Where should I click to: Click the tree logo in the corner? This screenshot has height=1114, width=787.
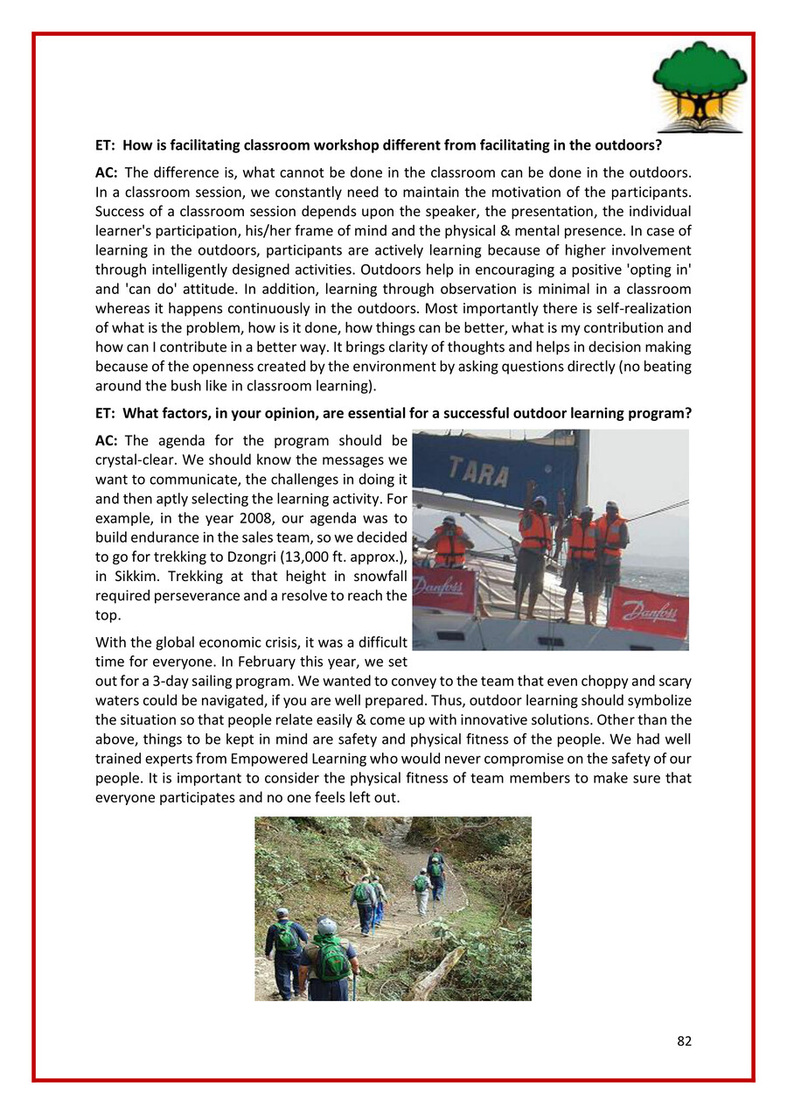click(700, 87)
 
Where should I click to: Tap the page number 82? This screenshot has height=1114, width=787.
click(684, 1040)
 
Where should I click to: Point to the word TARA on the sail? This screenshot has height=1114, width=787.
click(479, 473)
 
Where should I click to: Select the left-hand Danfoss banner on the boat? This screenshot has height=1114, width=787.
click(443, 590)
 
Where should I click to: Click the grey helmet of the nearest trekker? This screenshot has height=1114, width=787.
click(326, 927)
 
